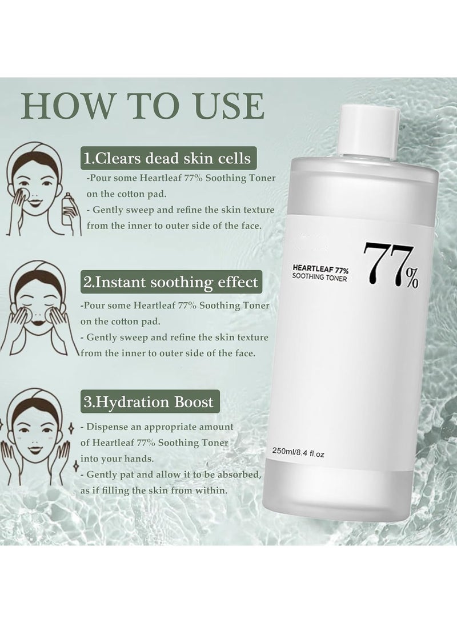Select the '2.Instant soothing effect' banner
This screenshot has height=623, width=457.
(170, 282)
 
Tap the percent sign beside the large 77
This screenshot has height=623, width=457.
(411, 280)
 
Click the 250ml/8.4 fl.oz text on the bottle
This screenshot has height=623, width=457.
(306, 452)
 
